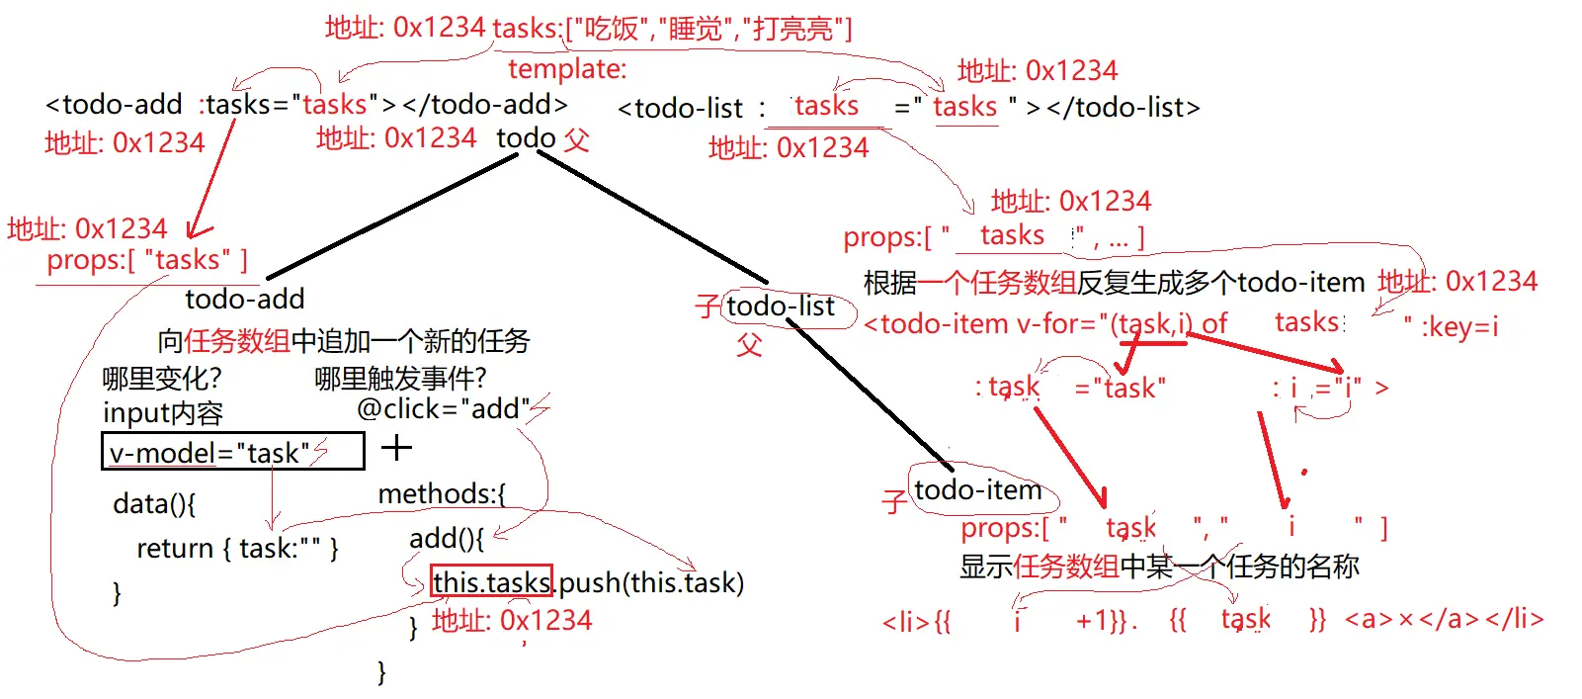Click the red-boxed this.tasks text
[x=491, y=582]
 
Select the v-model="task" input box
[x=233, y=452]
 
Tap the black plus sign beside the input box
[x=396, y=448]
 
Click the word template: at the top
[x=567, y=69]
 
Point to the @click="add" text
[x=443, y=408]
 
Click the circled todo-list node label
[x=781, y=306]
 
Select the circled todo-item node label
[x=977, y=489]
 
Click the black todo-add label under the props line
[x=244, y=299]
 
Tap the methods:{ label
[x=442, y=493]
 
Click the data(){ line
[x=154, y=503]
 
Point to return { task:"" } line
[x=237, y=548]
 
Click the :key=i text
[x=1459, y=326]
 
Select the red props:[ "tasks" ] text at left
[x=147, y=260]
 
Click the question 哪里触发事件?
[x=400, y=378]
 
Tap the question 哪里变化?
[x=162, y=378]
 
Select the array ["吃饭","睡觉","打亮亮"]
[x=708, y=29]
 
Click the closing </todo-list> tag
[x=1124, y=107]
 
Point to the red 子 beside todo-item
[x=894, y=501]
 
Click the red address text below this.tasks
[x=512, y=621]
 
